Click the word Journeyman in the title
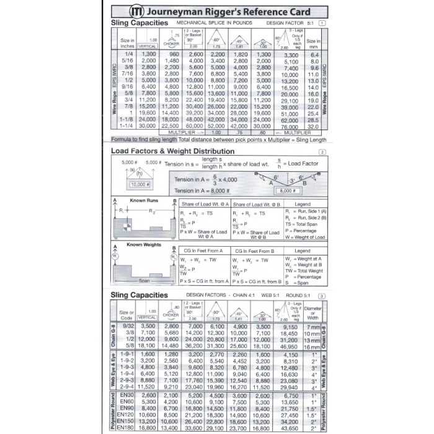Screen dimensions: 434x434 click(x=177, y=11)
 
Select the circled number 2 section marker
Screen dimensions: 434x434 click(x=321, y=153)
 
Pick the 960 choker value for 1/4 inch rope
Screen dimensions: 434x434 click(x=171, y=55)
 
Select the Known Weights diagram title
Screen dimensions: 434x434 click(x=144, y=244)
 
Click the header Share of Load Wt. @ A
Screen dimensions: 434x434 click(x=204, y=204)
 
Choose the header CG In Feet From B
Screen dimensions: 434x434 click(x=256, y=250)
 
